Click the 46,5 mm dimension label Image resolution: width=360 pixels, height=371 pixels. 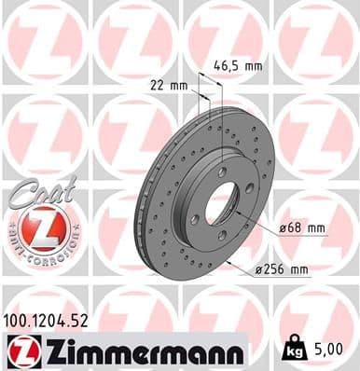[x=239, y=67]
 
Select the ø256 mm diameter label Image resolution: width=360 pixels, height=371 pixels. [x=283, y=270]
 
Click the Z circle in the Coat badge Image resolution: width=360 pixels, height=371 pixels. [x=40, y=227]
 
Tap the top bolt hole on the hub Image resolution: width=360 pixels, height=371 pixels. [x=222, y=172]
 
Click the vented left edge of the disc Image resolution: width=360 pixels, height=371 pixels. [x=149, y=224]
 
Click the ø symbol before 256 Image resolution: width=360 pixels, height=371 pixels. [x=259, y=270]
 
